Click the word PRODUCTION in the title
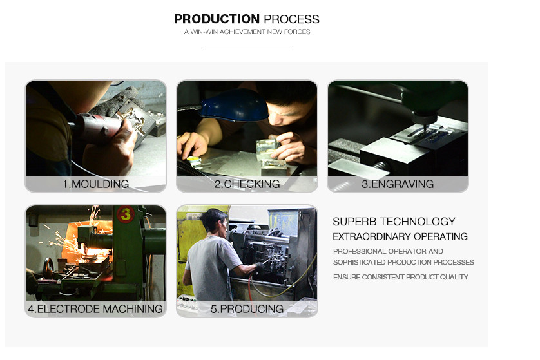point(217,19)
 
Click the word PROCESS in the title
point(292,19)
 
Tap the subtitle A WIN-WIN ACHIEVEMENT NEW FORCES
point(247,32)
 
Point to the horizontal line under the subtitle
point(246,46)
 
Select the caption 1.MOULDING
point(96,184)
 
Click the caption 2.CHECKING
point(247,184)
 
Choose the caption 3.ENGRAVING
point(398,184)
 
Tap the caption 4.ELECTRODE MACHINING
point(95,309)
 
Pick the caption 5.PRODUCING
point(247,309)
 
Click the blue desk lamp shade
point(234,106)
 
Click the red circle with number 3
point(126,214)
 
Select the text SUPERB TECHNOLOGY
point(394,222)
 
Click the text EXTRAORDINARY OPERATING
point(400,237)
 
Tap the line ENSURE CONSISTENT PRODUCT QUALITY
point(401,277)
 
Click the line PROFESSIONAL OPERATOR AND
point(388,251)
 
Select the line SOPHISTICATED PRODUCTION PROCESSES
point(403,262)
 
